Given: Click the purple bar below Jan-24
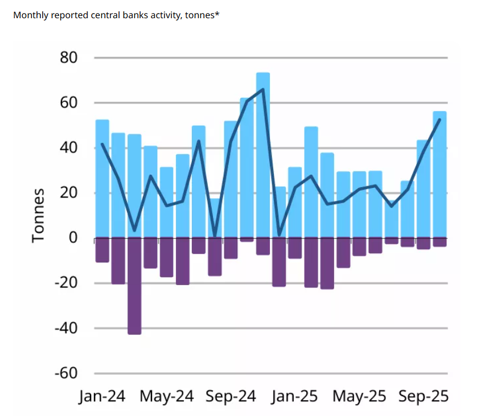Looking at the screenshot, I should click(102, 250).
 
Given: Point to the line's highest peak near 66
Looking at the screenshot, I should click(262, 89).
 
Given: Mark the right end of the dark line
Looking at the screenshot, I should click(439, 119).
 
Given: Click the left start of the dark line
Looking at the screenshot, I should click(102, 144).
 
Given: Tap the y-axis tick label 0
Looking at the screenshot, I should click(73, 238).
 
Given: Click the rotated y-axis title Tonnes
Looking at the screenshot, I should click(38, 215).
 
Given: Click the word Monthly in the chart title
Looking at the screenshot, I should click(30, 15).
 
